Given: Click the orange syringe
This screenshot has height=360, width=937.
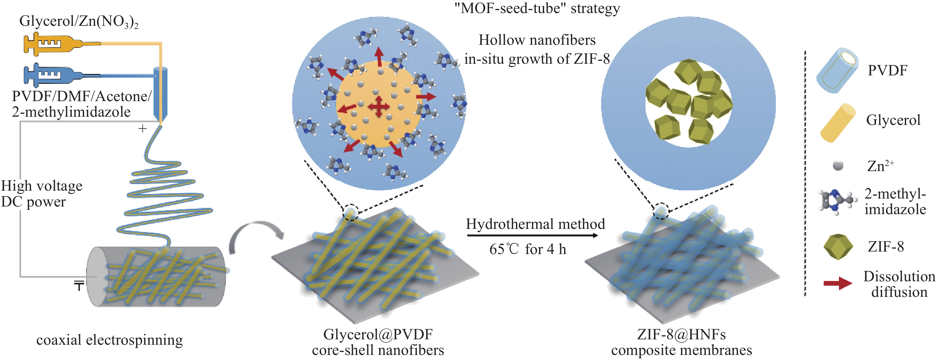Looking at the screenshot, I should coord(58,44).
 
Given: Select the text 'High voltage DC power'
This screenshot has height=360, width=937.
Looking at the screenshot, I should coord(41,193).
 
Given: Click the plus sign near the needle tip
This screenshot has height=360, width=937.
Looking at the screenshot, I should coord(143,128).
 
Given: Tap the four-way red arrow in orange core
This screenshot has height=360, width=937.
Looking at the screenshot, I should coord(379,107).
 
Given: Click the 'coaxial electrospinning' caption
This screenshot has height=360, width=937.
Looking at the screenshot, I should coord(109,340).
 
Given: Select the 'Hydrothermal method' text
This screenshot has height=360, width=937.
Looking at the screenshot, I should coord(536,224).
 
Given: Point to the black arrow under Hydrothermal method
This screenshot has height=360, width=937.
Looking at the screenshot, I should coord(532,236).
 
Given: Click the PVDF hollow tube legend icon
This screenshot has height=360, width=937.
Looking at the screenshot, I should coord(837,71).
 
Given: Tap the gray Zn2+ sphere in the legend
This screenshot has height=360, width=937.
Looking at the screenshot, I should coord(838,166).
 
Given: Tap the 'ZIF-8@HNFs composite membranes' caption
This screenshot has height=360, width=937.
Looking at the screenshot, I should coord(681,342).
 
